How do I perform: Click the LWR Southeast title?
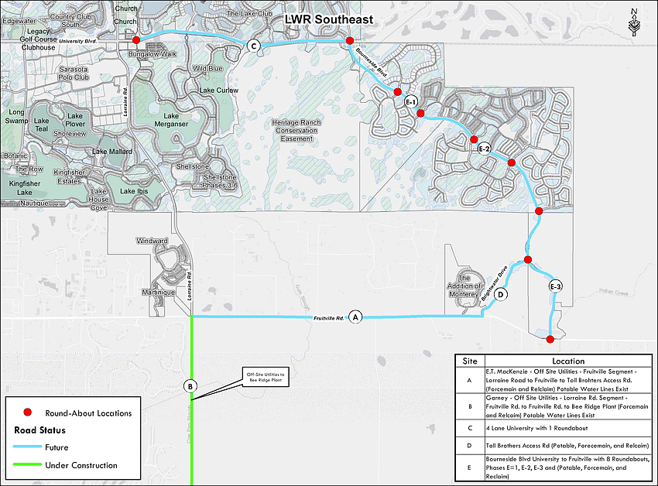327,18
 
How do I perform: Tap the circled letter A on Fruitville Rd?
355,317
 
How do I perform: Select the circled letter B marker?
190,385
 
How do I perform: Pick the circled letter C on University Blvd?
253,46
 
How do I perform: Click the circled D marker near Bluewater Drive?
501,294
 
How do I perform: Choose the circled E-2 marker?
485,149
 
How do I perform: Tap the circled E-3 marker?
555,287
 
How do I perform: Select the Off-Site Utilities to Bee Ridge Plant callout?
266,378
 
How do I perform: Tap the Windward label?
153,241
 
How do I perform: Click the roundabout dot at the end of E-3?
550,339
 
